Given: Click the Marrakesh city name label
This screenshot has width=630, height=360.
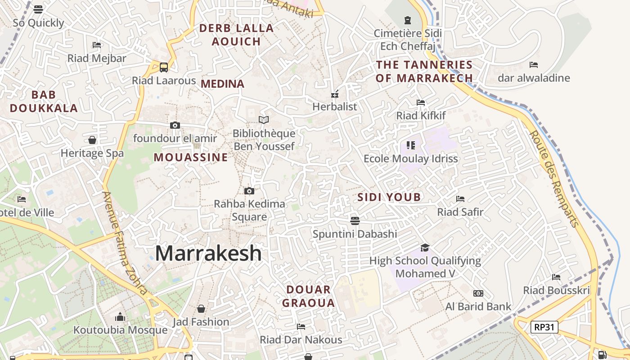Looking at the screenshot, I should pos(208,253).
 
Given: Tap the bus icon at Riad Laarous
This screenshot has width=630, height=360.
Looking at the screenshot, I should pos(164,67).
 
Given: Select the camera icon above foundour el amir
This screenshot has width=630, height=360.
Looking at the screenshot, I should pos(175,125).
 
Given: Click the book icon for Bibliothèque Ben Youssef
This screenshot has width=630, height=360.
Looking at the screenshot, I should pos(264,120).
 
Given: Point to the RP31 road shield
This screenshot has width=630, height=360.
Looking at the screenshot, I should pos(544,327).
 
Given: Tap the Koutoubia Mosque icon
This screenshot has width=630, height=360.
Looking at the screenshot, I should pos(120,317).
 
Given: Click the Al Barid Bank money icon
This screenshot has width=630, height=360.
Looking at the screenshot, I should pos(478,293).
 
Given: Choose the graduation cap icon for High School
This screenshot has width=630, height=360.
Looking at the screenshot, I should pos(425,247).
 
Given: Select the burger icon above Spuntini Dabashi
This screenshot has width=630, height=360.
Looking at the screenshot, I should pos(355,220).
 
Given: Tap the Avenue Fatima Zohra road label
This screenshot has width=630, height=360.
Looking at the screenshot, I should pos(125,243).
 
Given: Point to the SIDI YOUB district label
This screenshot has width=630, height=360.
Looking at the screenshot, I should pos(389,197).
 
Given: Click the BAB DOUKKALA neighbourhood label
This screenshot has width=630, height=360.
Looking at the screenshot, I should pos(44,101).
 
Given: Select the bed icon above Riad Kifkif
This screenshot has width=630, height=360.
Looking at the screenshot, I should pos(421,103).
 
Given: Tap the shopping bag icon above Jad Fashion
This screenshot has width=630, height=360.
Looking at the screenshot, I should pos(201,309).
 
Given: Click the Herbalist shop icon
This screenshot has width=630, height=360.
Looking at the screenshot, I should pos(335,94).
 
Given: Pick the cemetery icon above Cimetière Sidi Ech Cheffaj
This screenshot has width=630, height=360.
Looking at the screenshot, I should pos(408,20).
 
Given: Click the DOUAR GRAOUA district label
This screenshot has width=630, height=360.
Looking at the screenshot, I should pos(309,296).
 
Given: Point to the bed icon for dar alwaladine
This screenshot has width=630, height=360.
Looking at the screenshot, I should pos(534,65).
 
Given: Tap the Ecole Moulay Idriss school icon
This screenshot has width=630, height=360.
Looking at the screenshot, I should pos(410,145).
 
